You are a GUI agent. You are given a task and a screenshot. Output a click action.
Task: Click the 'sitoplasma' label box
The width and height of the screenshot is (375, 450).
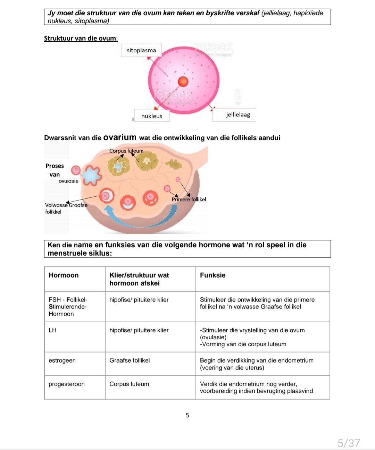[x=141, y=50]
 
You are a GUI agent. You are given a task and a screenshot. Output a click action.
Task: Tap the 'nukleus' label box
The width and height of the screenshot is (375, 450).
[x=152, y=116]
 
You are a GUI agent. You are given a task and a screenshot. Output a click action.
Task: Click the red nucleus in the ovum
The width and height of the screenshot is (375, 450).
[x=183, y=82]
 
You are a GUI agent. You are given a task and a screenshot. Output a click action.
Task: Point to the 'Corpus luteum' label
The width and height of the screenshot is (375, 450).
[x=126, y=151]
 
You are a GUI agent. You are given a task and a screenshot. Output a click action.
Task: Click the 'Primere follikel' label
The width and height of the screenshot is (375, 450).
[x=189, y=199]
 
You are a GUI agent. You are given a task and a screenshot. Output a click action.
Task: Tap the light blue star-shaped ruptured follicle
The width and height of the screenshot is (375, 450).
[x=91, y=175]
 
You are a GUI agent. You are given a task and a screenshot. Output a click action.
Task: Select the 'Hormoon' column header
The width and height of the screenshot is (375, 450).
[x=64, y=275]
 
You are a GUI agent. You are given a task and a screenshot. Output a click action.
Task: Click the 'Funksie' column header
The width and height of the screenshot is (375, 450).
[x=212, y=275]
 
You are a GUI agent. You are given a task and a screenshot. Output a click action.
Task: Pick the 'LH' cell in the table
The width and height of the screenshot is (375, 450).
[x=52, y=330]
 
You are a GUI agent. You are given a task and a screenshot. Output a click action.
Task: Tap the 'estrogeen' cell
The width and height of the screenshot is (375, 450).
[x=62, y=360]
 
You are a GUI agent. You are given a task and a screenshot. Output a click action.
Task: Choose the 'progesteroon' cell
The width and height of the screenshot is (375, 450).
[x=67, y=384]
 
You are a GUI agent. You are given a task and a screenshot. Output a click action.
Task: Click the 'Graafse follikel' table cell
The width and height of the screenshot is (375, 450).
[x=130, y=360]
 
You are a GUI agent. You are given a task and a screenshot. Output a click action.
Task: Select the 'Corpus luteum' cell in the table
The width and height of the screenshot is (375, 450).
[x=129, y=384]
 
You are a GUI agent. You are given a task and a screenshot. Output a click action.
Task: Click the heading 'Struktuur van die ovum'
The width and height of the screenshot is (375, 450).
[x=81, y=39]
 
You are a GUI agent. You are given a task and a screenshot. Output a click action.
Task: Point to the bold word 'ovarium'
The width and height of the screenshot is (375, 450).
[x=120, y=137]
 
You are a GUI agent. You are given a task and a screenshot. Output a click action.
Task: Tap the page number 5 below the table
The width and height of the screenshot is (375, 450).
[x=187, y=415]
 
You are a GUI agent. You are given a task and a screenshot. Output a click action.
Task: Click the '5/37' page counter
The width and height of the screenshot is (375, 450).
[x=349, y=443]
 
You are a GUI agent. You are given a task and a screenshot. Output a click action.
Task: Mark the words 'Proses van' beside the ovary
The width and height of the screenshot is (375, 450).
[x=55, y=170]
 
